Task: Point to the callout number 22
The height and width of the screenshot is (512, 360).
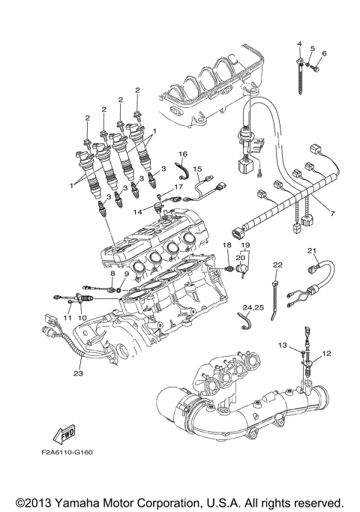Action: pyautogui.click(x=277, y=265)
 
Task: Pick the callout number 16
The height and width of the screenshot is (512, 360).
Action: pyautogui.click(x=182, y=154)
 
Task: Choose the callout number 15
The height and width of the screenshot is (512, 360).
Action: pyautogui.click(x=198, y=169)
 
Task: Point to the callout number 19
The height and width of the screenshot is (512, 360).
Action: pyautogui.click(x=244, y=245)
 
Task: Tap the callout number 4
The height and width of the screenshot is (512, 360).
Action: pyautogui.click(x=298, y=43)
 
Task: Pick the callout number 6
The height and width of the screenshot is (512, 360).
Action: pyautogui.click(x=324, y=53)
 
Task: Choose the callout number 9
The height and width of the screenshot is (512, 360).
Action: pyautogui.click(x=127, y=274)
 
